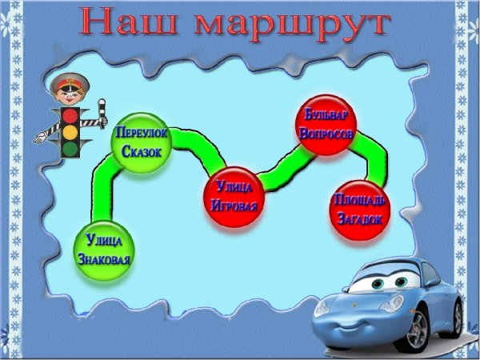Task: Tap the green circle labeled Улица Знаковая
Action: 104,250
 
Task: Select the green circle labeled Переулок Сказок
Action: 141,141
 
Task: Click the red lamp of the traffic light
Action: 70,115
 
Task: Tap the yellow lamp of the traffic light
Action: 70,131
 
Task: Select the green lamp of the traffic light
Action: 70,148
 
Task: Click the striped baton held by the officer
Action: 101,112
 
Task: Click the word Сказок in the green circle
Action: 142,151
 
